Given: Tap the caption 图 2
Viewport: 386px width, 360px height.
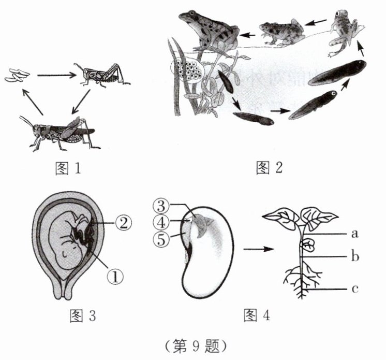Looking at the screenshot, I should (x=270, y=168).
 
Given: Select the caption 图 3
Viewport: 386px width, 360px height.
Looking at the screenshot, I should (x=82, y=314).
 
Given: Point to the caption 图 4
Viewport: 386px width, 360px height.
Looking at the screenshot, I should (x=257, y=314).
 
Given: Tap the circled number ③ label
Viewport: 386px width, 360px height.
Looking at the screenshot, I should (x=161, y=205).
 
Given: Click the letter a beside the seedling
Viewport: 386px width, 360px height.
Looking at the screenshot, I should (x=355, y=234).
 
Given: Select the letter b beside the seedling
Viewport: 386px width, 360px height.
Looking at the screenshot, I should (x=355, y=256).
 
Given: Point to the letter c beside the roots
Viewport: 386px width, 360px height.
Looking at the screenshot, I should (x=355, y=289).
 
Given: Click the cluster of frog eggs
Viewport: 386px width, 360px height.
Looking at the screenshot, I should (x=188, y=69).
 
